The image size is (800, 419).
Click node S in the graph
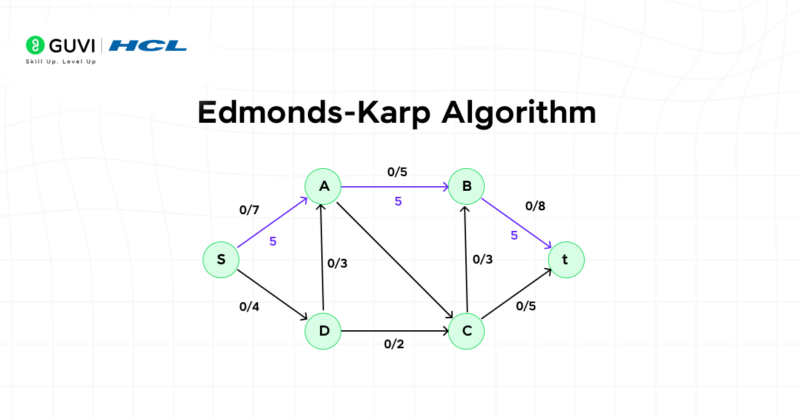221,260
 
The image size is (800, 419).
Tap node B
467,186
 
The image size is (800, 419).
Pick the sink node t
566,260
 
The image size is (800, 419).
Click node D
323,331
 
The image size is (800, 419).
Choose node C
467,331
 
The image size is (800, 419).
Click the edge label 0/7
249,210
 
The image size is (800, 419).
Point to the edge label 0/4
249,308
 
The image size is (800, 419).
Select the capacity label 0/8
535,206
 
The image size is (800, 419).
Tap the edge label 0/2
394,344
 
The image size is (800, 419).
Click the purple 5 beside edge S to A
273,242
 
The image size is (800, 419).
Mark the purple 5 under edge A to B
398,201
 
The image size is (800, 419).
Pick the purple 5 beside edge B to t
514,235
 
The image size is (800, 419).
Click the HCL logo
148,45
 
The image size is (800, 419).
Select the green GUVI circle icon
35,45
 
